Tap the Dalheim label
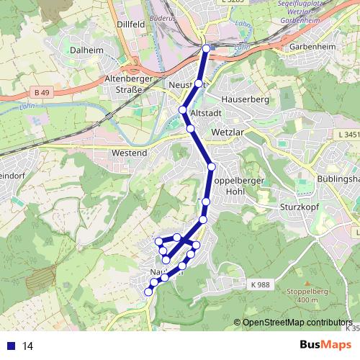pyautogui.click(x=88, y=50)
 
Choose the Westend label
pyautogui.click(x=130, y=153)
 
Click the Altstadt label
pyautogui.click(x=205, y=114)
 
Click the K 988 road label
pyautogui.click(x=261, y=286)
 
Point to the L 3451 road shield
pyautogui.click(x=348, y=135)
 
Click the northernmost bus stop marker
pyautogui.click(x=207, y=49)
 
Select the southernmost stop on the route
pyautogui.click(x=149, y=292)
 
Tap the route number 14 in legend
pyautogui.click(x=28, y=346)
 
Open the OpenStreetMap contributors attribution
pyautogui.click(x=297, y=323)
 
